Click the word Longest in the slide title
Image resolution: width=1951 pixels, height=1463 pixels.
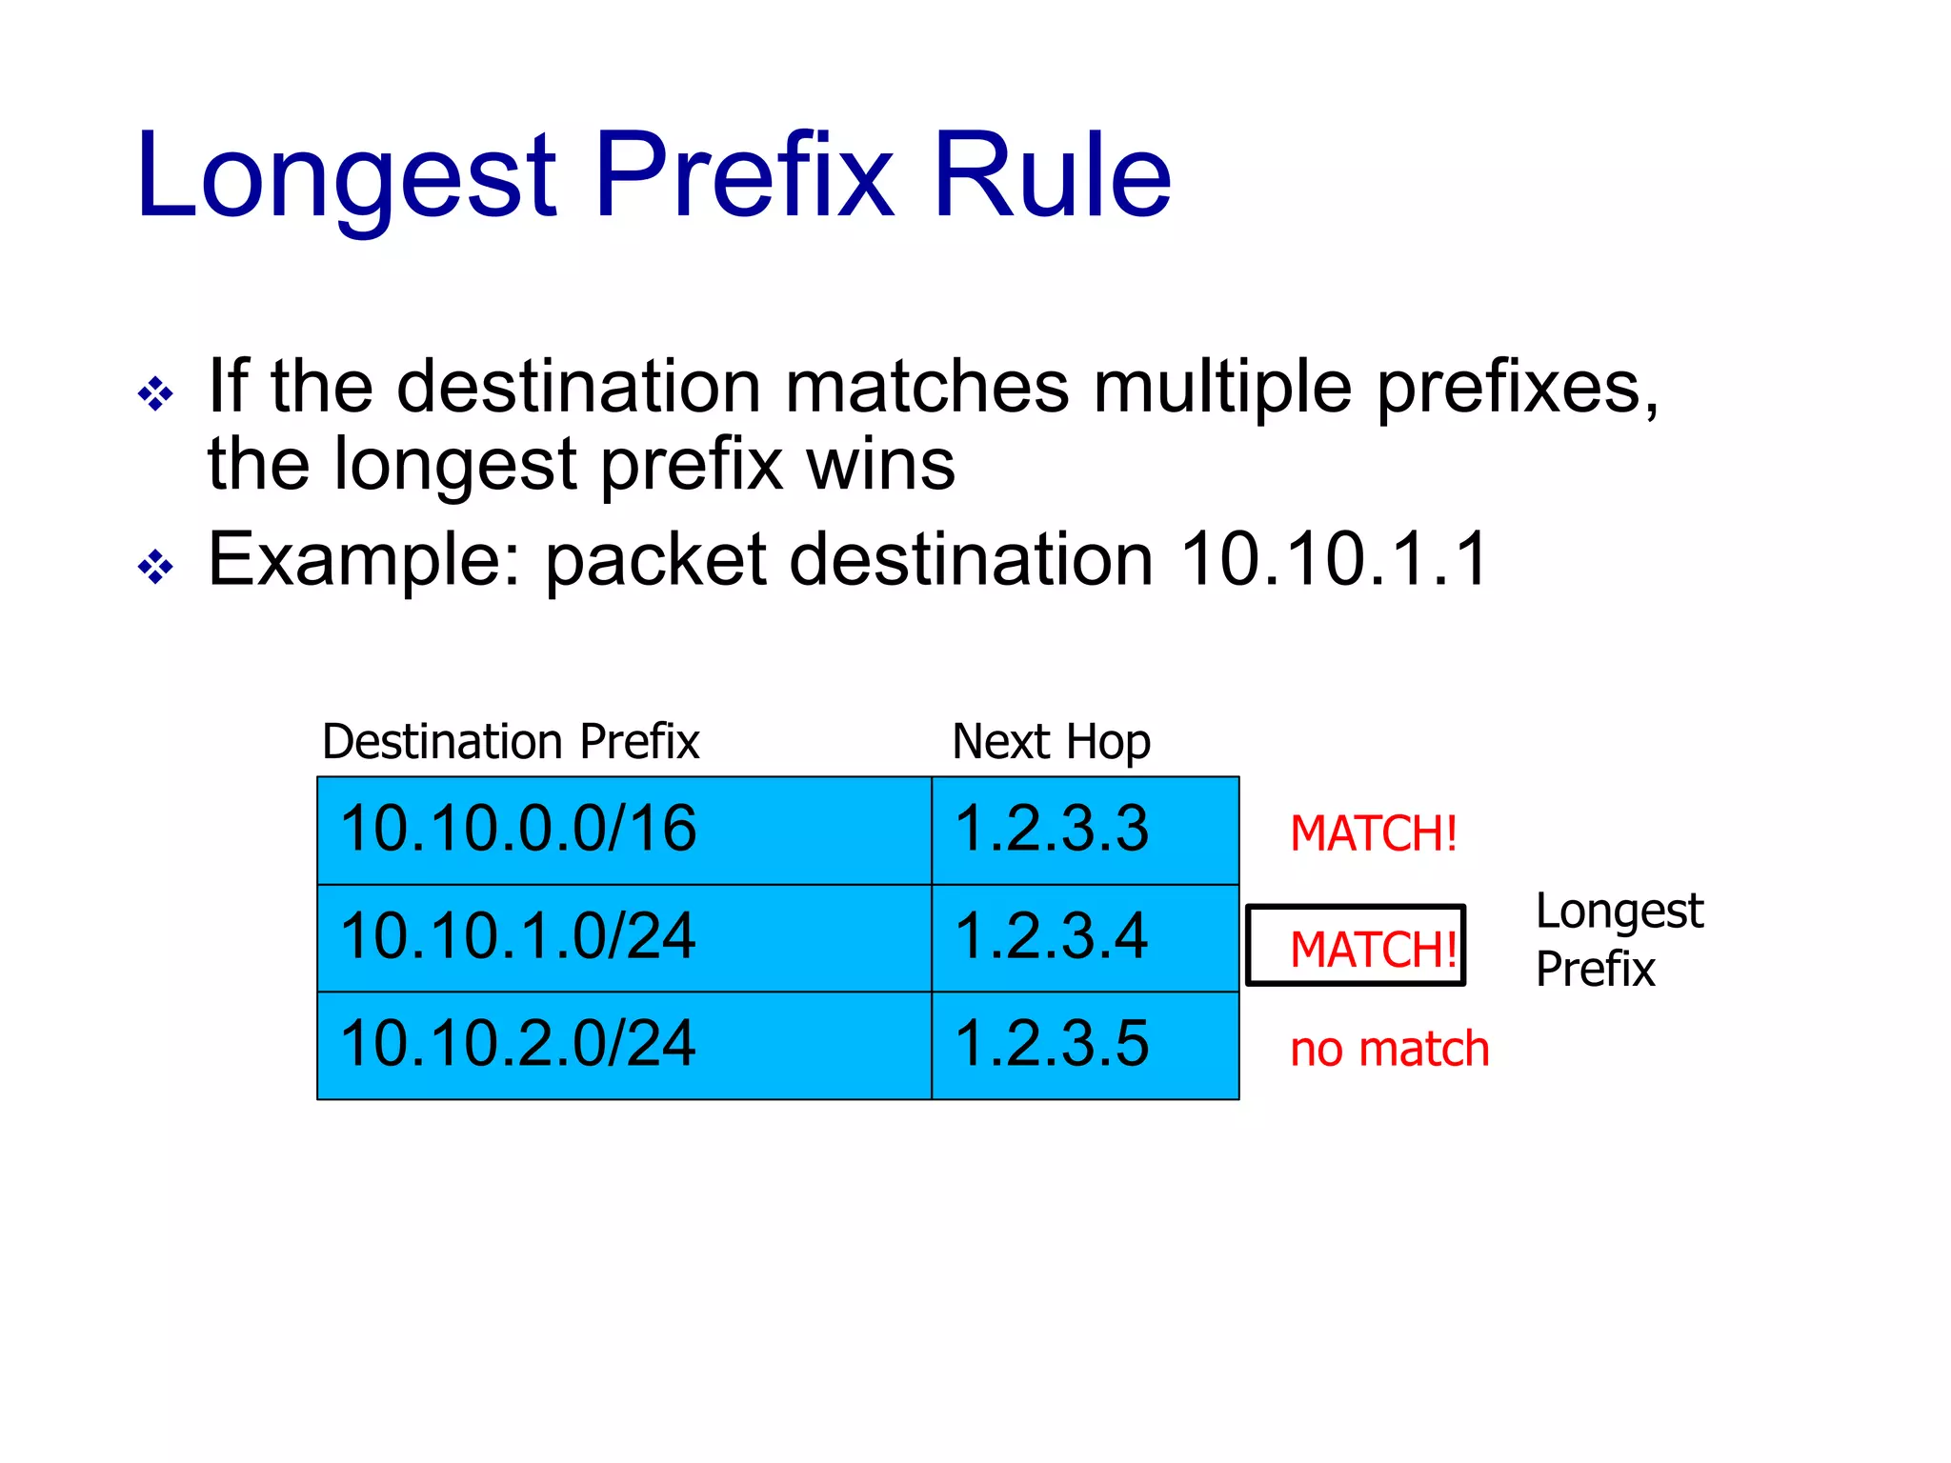coord(346,177)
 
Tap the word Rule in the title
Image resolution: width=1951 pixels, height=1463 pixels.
coord(1052,177)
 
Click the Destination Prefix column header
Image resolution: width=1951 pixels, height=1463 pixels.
coord(511,742)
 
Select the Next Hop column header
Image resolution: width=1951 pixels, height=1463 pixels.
coord(1051,742)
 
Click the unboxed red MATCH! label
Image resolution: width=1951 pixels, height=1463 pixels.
coord(1373,833)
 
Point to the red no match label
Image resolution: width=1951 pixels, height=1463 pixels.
coord(1389,1049)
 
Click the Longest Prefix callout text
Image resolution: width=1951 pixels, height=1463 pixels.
coord(1618,939)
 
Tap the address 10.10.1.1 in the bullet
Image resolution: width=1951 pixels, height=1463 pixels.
coord(1334,559)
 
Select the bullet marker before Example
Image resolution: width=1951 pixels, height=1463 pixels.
coord(155,568)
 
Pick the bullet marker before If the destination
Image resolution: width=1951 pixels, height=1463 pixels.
coord(155,393)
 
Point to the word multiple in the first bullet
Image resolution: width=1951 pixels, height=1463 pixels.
coord(1222,389)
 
